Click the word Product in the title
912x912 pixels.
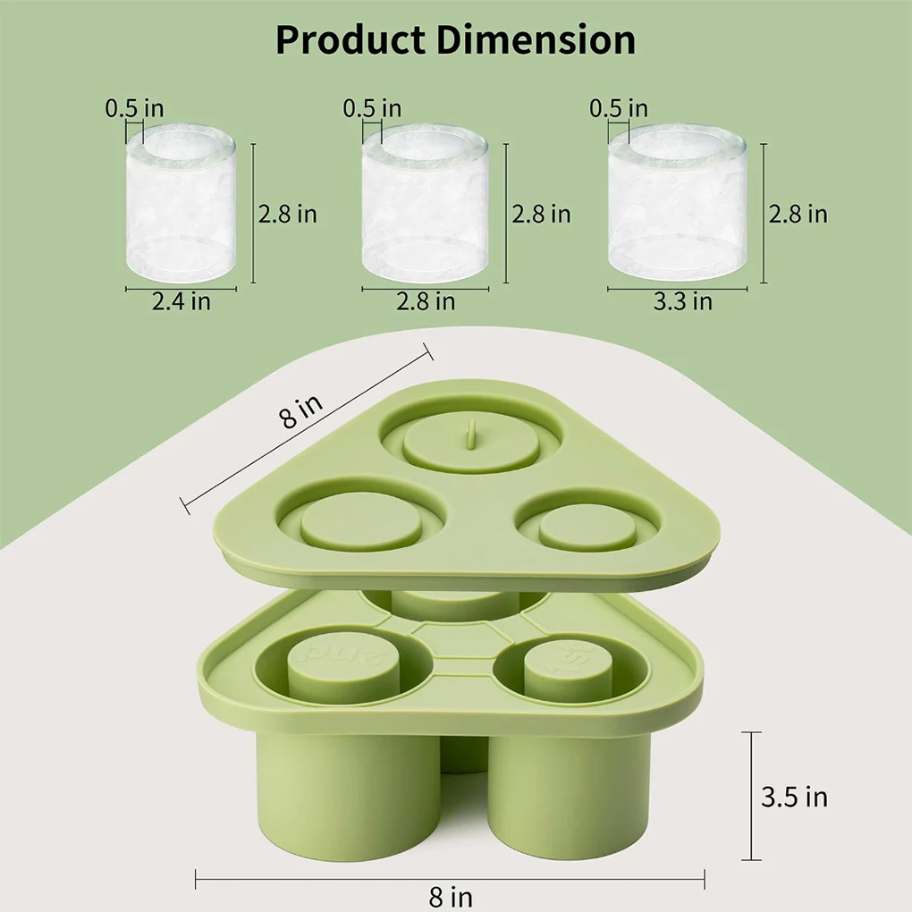pyautogui.click(x=350, y=40)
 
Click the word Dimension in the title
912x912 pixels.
pyautogui.click(x=536, y=40)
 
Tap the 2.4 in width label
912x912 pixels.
pyautogui.click(x=182, y=301)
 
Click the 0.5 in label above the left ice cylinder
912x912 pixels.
pyautogui.click(x=134, y=109)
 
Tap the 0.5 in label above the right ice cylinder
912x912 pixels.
pyautogui.click(x=619, y=109)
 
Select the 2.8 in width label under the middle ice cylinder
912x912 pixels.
pyautogui.click(x=426, y=301)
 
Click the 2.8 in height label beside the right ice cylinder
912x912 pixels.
pyautogui.click(x=798, y=215)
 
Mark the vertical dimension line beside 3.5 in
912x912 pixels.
pyautogui.click(x=751, y=795)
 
